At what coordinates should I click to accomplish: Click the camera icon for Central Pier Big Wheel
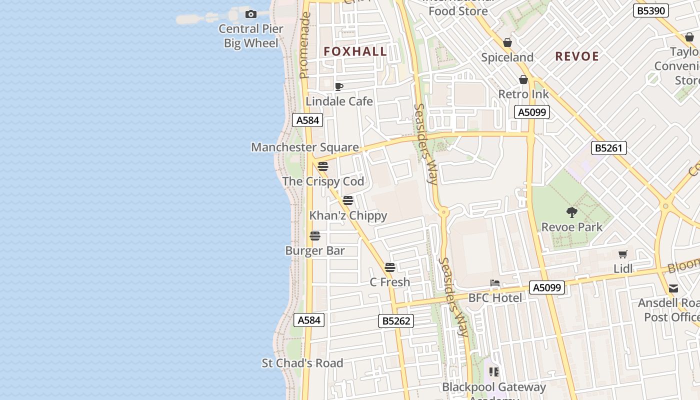pyautogui.click(x=251, y=14)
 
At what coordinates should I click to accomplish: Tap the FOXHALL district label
pyautogui.click(x=355, y=51)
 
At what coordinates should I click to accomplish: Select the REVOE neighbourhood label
pyautogui.click(x=577, y=56)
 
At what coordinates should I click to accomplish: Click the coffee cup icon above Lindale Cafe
pyautogui.click(x=339, y=86)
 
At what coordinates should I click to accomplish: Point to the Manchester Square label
pyautogui.click(x=305, y=147)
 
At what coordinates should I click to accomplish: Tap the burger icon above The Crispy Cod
pyautogui.click(x=323, y=166)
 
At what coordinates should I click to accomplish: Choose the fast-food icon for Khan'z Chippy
pyautogui.click(x=348, y=200)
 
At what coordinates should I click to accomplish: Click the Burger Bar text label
pyautogui.click(x=315, y=250)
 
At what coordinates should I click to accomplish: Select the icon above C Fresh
pyautogui.click(x=390, y=267)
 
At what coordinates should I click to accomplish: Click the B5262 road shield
pyautogui.click(x=396, y=321)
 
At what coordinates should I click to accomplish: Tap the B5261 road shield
pyautogui.click(x=608, y=148)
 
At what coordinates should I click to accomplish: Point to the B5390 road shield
pyautogui.click(x=651, y=10)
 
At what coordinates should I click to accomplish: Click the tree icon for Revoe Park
pyautogui.click(x=572, y=212)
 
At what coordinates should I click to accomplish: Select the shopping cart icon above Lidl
pyautogui.click(x=622, y=254)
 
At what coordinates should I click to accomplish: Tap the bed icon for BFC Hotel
pyautogui.click(x=495, y=283)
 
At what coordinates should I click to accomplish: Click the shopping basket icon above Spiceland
pyautogui.click(x=507, y=42)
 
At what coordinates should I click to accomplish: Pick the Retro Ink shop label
pyautogui.click(x=523, y=94)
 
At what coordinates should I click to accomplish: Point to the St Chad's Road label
pyautogui.click(x=302, y=363)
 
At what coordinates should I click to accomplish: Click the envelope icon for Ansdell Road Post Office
pyautogui.click(x=673, y=288)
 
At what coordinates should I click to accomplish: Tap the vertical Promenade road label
pyautogui.click(x=304, y=45)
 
